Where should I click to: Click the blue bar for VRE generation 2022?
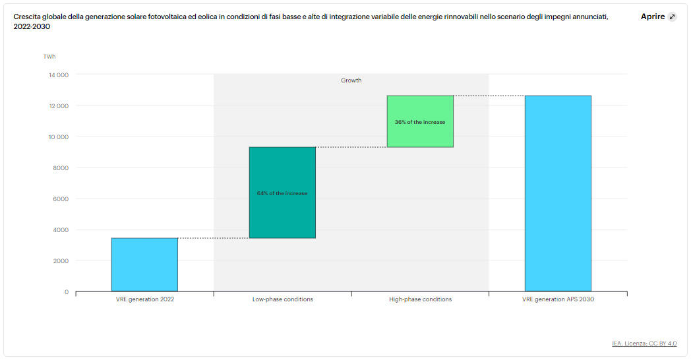click(x=144, y=264)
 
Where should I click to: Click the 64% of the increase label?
click(x=282, y=193)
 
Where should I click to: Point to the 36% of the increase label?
click(x=420, y=122)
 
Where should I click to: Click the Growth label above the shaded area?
click(x=351, y=80)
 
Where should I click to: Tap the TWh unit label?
click(x=49, y=57)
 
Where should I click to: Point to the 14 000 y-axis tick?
click(x=59, y=75)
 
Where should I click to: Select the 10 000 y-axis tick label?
click(x=59, y=137)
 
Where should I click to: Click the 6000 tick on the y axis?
click(x=61, y=199)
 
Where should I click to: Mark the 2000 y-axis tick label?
click(x=61, y=261)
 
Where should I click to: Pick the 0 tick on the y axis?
click(x=66, y=292)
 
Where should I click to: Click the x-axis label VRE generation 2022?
click(x=144, y=299)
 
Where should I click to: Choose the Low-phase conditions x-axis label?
click(x=282, y=299)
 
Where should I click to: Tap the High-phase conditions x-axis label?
click(x=420, y=299)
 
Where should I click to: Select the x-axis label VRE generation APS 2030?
click(x=558, y=299)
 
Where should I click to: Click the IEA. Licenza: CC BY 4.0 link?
click(x=644, y=344)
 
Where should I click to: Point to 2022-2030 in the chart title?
click(x=32, y=27)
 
